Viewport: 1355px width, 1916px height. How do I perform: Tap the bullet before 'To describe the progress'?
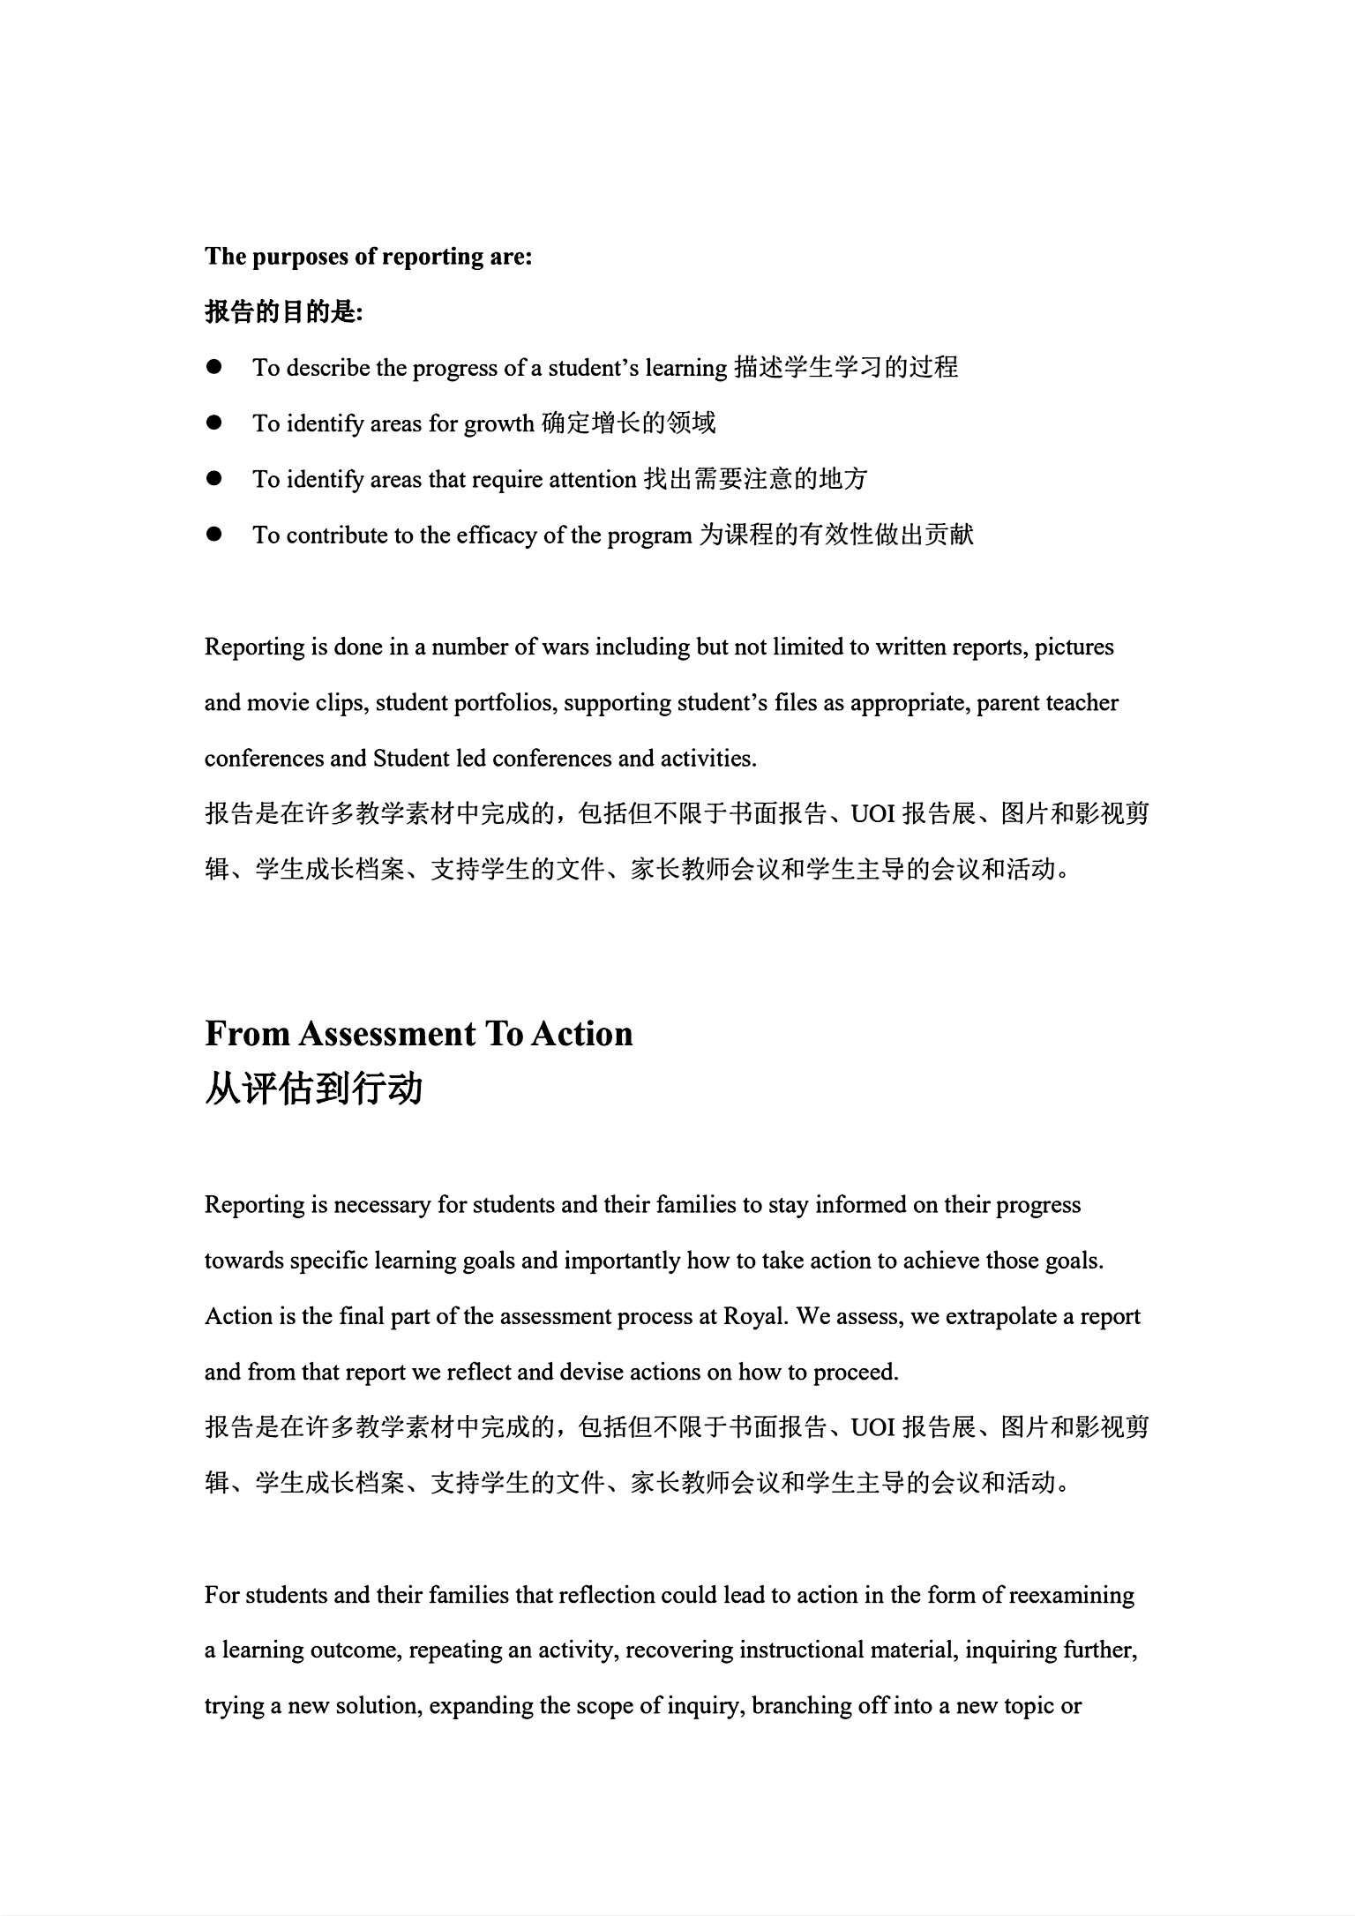point(213,367)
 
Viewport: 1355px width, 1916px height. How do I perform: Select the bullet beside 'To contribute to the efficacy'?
point(213,535)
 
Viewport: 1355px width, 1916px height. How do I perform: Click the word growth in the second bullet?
point(499,424)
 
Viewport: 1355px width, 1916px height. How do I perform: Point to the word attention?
point(593,480)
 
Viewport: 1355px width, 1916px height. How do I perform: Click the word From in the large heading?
point(247,1034)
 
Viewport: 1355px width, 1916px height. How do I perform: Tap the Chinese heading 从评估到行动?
point(314,1089)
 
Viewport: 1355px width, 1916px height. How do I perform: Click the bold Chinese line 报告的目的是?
point(283,312)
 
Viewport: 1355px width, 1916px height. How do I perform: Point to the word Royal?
point(753,1316)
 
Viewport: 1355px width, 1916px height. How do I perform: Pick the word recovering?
point(678,1650)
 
